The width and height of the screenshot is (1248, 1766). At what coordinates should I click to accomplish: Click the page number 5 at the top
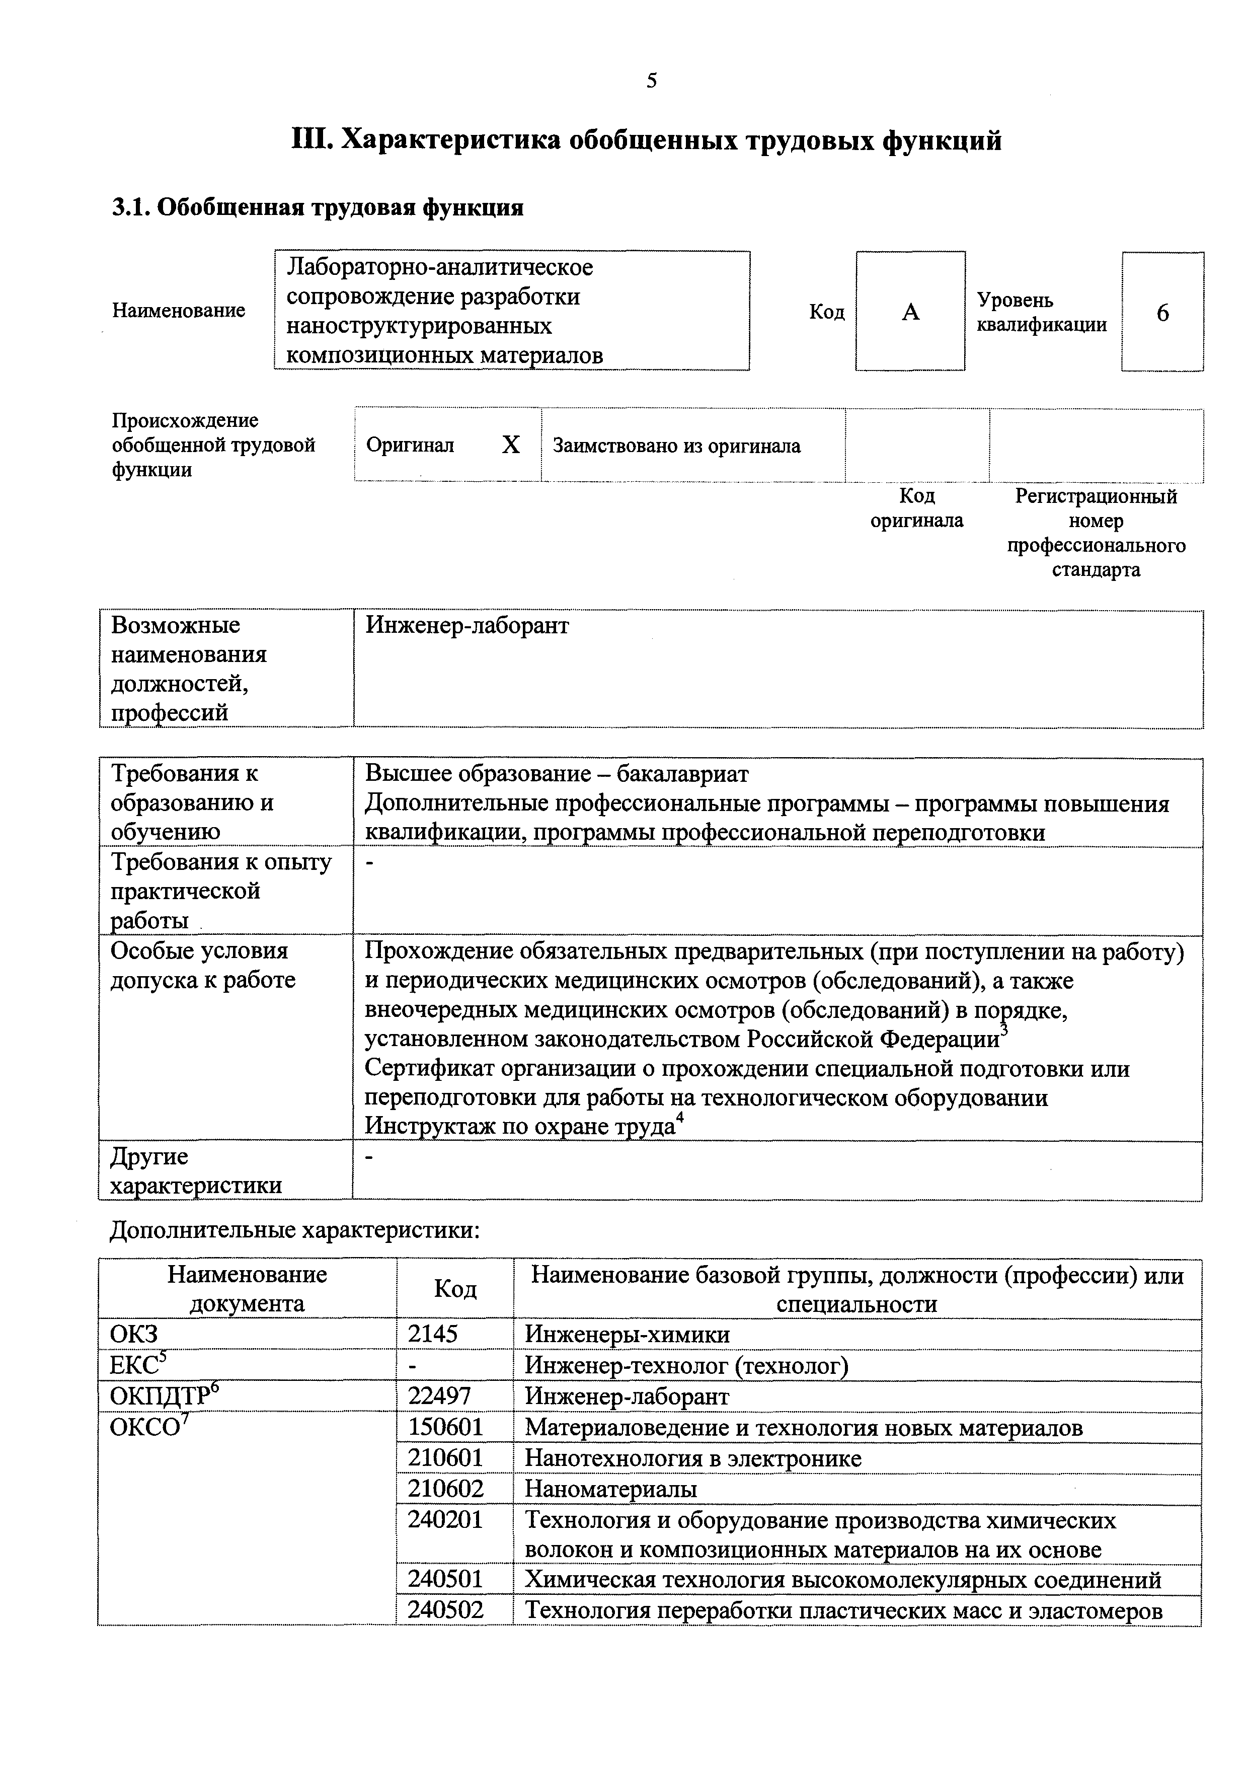point(651,81)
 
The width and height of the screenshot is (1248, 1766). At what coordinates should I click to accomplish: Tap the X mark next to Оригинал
point(511,445)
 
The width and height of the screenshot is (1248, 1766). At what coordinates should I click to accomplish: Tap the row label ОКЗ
point(134,1334)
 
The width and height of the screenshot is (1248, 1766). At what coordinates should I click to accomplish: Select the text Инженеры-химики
point(627,1334)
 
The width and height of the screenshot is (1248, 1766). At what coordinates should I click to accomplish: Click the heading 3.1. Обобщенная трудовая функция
point(318,208)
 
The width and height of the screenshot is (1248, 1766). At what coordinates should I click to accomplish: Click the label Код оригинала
point(916,507)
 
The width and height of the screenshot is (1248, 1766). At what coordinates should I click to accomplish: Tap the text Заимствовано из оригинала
point(677,446)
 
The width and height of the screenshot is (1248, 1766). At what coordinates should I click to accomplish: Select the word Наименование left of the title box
point(179,310)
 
